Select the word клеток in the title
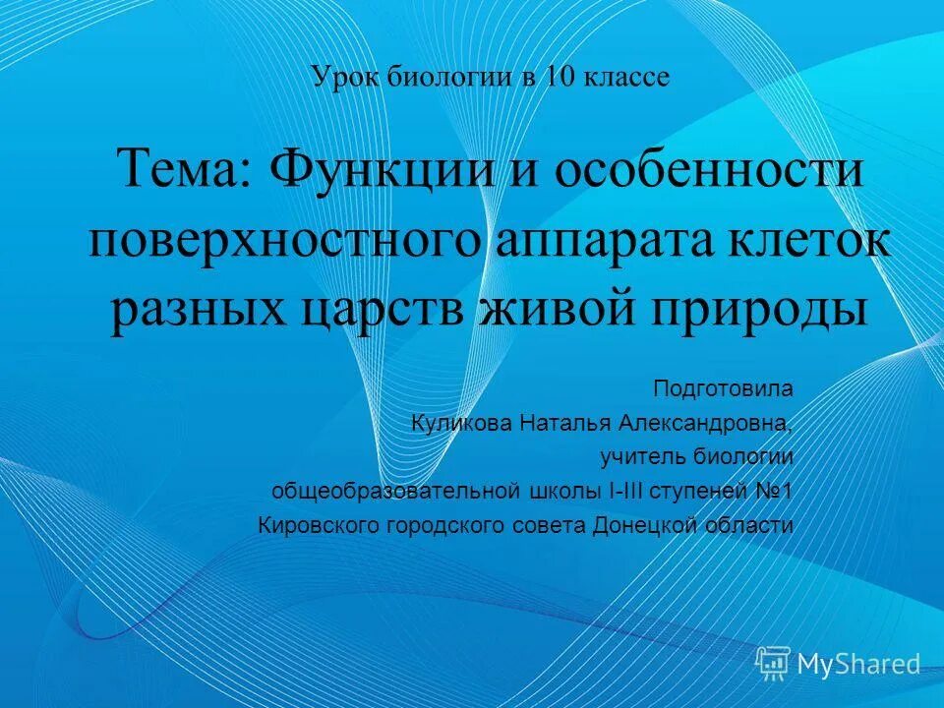tap(807, 241)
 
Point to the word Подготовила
tap(723, 388)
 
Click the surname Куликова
tap(461, 423)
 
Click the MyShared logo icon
tap(773, 663)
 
